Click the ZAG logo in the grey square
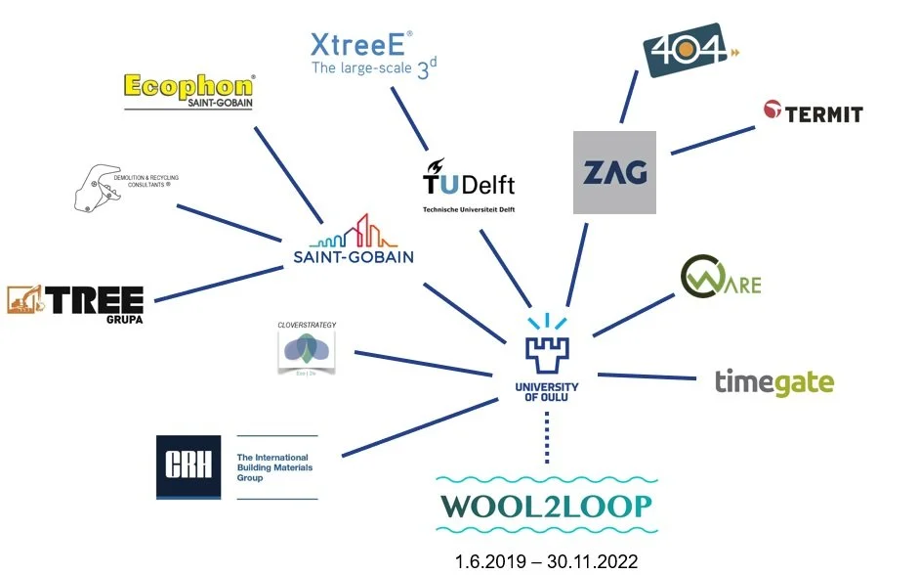[x=614, y=172]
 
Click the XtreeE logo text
[x=361, y=54]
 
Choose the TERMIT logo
[x=813, y=112]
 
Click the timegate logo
[x=773, y=381]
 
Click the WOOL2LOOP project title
[x=547, y=507]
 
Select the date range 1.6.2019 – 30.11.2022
[x=547, y=561]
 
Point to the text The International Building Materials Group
[x=273, y=467]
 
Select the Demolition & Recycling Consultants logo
[x=122, y=187]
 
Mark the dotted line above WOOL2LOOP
[x=547, y=437]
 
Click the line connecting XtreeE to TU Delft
[x=410, y=118]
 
